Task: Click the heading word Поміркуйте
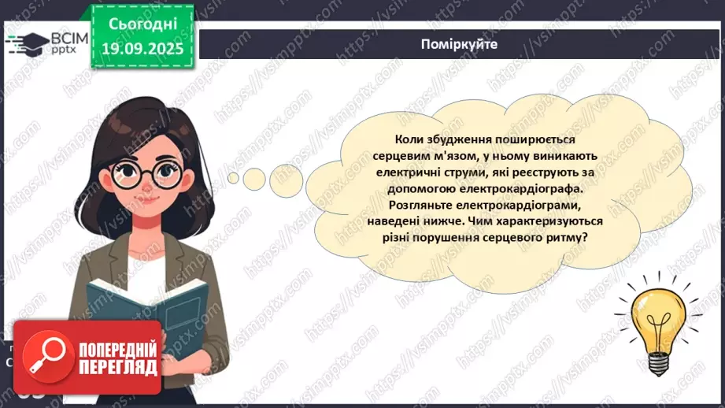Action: coord(459,44)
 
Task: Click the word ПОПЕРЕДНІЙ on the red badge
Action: coord(118,347)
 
